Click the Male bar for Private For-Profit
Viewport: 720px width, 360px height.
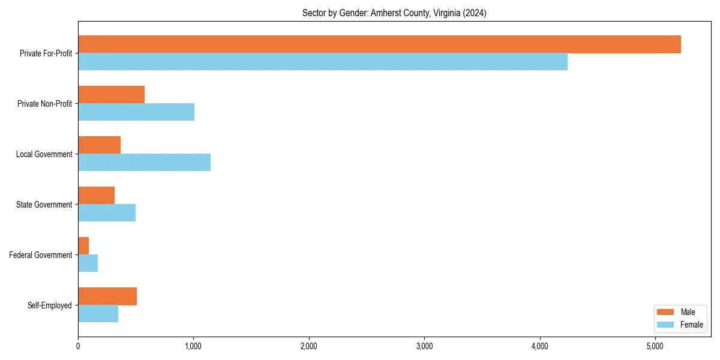pos(379,44)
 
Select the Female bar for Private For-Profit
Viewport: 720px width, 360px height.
pos(323,62)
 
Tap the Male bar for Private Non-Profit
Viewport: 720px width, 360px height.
pos(111,95)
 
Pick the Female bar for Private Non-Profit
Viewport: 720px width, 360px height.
pos(136,112)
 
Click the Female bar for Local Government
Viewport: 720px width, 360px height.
pos(144,163)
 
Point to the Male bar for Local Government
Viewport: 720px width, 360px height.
pos(99,145)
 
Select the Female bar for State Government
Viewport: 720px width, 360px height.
pos(107,213)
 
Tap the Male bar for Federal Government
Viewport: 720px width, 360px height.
pos(83,246)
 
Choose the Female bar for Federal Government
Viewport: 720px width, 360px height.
pos(88,263)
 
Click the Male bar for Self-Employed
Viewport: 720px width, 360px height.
pos(107,296)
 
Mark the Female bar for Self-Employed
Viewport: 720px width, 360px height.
pos(98,314)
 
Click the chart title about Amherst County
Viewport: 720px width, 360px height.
pos(394,13)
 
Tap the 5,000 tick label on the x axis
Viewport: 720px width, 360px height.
pos(655,346)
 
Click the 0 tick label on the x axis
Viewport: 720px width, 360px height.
pos(78,346)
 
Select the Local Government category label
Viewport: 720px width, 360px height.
pos(44,154)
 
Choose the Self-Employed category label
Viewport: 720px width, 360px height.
pos(49,305)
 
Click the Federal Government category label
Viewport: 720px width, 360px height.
pos(41,255)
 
